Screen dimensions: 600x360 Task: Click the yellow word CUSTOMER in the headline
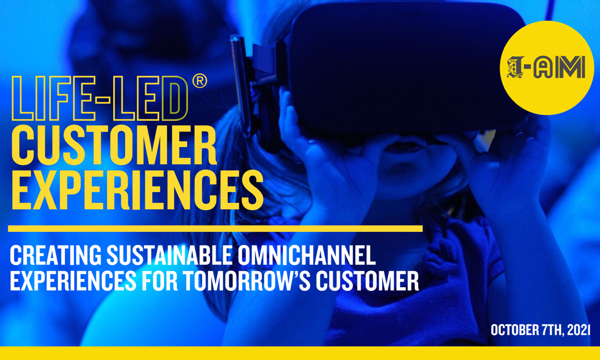(114, 146)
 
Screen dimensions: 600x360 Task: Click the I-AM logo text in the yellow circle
(546, 68)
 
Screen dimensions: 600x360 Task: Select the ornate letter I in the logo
(515, 68)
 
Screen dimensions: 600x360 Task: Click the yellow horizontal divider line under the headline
(215, 228)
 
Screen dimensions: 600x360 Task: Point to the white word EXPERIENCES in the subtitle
(73, 280)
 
